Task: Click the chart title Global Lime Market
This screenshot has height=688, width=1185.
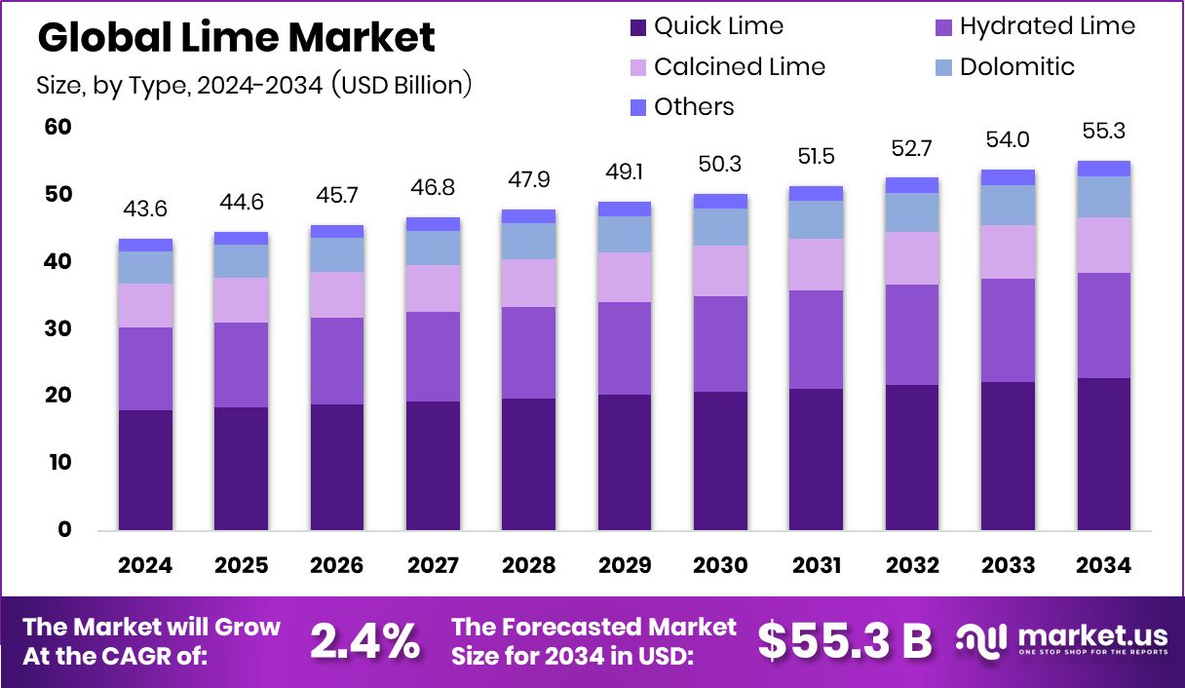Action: (236, 37)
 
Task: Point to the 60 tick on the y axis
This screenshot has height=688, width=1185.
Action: (58, 128)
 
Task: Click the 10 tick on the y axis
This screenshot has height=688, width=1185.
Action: (58, 462)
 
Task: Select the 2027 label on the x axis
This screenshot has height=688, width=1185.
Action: (433, 565)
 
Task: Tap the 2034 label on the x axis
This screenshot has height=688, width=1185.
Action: (1103, 565)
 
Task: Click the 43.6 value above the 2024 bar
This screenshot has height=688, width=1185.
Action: (146, 210)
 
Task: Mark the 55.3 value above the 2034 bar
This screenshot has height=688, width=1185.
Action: (1103, 131)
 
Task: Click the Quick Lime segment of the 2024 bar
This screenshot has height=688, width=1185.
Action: (146, 470)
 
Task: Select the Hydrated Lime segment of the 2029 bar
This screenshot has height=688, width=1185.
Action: (625, 348)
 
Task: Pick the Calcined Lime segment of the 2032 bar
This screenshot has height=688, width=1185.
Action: (911, 258)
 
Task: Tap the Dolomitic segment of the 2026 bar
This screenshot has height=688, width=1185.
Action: (337, 254)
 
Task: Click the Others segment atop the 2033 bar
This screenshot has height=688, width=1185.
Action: (1008, 176)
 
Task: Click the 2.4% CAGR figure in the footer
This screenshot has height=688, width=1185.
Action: (365, 640)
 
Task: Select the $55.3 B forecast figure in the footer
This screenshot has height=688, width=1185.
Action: (844, 640)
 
